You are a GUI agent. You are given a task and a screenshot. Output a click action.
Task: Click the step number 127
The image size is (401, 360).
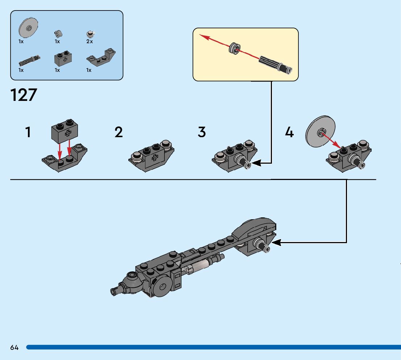(24, 95)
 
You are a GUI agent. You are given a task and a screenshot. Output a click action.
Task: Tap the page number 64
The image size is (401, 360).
(15, 347)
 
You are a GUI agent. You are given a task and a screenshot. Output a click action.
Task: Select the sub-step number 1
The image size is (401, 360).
(28, 132)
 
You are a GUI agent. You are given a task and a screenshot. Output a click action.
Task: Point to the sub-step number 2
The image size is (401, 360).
(119, 132)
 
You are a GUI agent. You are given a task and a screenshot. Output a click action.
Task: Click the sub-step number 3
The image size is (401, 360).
(202, 132)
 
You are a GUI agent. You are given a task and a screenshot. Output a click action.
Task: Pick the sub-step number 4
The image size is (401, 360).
(289, 132)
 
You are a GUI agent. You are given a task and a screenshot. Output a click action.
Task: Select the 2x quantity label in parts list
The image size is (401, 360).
(90, 42)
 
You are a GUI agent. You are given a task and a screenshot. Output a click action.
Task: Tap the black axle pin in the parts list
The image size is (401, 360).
(29, 59)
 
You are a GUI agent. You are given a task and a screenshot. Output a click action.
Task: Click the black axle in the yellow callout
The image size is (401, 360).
(276, 64)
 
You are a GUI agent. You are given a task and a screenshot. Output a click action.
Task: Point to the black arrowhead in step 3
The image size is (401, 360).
(256, 163)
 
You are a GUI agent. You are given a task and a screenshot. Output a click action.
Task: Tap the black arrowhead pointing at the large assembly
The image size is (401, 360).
(276, 242)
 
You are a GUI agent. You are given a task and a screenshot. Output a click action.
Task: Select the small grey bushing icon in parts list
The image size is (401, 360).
(59, 33)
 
